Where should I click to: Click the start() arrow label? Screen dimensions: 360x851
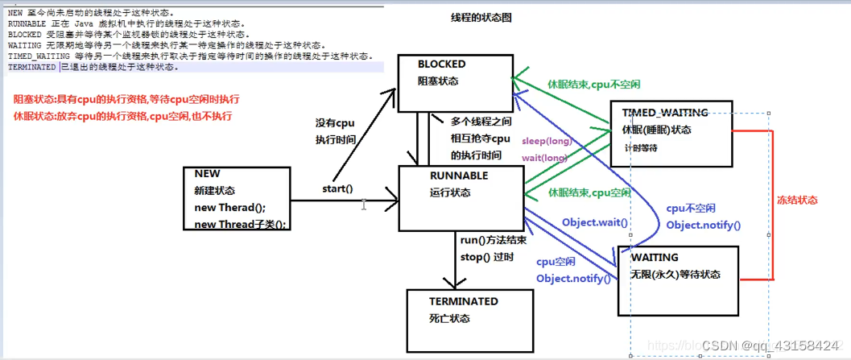(x=337, y=188)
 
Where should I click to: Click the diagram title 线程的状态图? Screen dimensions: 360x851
(x=481, y=18)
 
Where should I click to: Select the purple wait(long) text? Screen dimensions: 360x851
(x=545, y=157)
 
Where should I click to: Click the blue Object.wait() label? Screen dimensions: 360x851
(x=596, y=221)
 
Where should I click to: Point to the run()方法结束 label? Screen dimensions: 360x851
(x=494, y=240)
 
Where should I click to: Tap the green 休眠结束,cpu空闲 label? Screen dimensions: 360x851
(x=589, y=192)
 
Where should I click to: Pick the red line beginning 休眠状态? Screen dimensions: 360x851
(x=122, y=116)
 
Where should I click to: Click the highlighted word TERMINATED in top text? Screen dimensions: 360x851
(x=32, y=67)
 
